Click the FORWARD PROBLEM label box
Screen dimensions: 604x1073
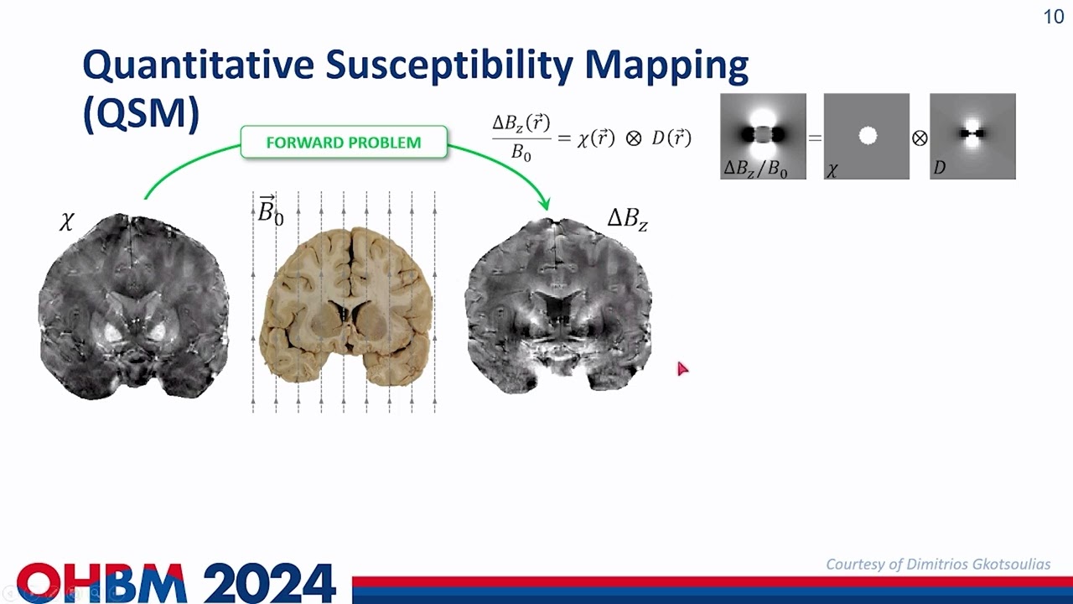coord(344,143)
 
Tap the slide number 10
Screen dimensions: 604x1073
coord(1053,17)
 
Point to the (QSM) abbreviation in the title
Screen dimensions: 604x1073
coord(141,113)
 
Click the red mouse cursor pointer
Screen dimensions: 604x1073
coord(682,367)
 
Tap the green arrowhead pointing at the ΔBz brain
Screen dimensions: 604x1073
coord(546,203)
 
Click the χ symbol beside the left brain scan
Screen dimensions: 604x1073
coord(67,221)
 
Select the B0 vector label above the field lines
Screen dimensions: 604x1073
coord(270,211)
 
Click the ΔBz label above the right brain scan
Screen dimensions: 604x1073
coord(627,220)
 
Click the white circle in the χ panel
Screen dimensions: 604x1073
coord(868,135)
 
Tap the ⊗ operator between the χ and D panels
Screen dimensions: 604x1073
coord(920,138)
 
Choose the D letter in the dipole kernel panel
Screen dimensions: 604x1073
coord(939,169)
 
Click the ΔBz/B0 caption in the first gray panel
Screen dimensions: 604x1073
coord(755,169)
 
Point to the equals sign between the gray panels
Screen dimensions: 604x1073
coord(815,138)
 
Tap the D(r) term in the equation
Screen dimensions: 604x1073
coord(671,138)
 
